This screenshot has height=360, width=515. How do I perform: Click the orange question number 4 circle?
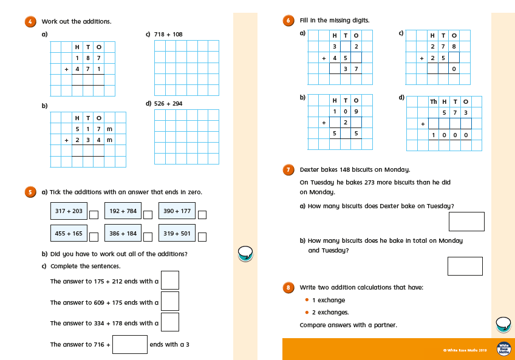[30, 21]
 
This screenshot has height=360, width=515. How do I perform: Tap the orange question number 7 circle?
[289, 169]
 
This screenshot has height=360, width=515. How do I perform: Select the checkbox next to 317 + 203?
[94, 214]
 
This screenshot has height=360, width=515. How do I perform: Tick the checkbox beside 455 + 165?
[94, 237]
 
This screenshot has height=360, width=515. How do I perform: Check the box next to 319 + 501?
[202, 237]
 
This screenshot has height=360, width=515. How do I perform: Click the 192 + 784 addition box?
[123, 211]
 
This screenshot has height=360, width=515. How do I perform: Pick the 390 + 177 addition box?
[177, 211]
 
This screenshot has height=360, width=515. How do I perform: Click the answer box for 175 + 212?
[170, 280]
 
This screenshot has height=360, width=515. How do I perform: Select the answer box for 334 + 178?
[170, 322]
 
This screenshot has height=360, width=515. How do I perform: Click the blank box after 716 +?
[130, 344]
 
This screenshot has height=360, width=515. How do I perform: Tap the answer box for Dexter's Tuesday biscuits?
[466, 222]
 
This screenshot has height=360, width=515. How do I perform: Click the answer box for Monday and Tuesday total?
[465, 266]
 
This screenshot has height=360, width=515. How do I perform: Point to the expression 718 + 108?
[168, 35]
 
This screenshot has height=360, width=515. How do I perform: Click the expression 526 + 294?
[168, 104]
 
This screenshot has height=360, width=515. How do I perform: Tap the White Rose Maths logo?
[503, 349]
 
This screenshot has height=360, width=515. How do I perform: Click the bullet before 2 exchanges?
[307, 313]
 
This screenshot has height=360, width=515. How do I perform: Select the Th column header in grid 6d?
[434, 101]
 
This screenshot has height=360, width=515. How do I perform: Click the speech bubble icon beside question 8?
[503, 324]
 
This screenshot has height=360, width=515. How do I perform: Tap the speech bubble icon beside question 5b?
[245, 253]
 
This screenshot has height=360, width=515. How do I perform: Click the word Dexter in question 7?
[310, 169]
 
